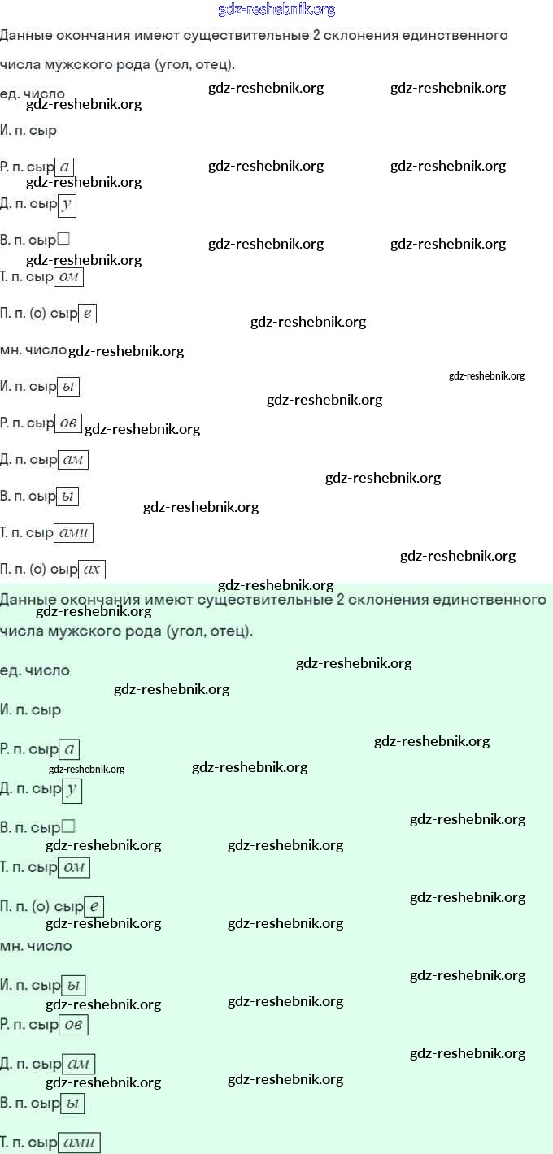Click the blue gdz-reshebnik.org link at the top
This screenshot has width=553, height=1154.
276,10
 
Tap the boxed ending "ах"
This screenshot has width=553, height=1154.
92,570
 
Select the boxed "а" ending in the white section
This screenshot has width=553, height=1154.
66,167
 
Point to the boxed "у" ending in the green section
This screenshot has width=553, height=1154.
72,789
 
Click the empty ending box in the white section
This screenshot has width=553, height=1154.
63,240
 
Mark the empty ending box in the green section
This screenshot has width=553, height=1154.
68,826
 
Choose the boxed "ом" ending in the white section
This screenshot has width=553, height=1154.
69,277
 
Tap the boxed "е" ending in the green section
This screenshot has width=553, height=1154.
94,906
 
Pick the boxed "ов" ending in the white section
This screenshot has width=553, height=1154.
67,423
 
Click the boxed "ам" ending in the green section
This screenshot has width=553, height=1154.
79,1064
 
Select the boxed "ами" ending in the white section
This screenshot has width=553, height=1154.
74,533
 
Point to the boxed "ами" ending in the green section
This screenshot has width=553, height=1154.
80,1143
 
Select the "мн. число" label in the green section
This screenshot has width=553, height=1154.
36,946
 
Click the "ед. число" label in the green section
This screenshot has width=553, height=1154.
35,670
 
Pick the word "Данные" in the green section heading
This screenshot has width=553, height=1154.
28,600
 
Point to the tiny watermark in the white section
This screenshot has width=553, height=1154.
486,375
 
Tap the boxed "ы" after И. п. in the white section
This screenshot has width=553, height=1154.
69,387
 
